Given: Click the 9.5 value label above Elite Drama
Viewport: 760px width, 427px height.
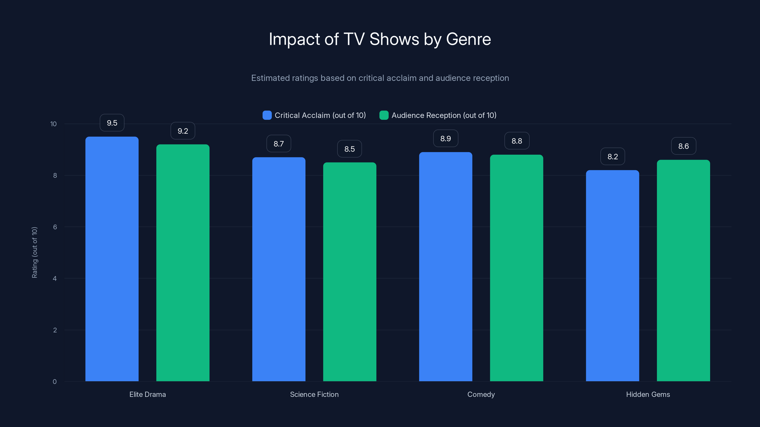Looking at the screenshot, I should click(112, 123).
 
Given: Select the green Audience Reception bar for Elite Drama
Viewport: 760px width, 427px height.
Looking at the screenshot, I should click(183, 262).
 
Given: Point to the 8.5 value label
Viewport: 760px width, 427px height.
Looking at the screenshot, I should click(349, 149).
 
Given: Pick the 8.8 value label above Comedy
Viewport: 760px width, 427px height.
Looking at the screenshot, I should click(517, 141).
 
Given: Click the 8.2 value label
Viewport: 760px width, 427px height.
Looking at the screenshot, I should click(613, 157).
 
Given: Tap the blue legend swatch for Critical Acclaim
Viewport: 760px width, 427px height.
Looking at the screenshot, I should click(267, 115).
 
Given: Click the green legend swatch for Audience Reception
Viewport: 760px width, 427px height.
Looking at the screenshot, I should click(384, 115).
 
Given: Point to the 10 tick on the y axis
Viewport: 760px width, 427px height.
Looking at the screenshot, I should click(53, 124).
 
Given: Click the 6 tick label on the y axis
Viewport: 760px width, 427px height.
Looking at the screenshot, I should click(55, 227).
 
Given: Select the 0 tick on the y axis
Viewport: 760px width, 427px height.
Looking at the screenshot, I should click(55, 382).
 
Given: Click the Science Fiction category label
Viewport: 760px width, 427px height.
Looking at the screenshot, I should click(314, 394).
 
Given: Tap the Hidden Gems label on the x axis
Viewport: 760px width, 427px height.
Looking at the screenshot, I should click(648, 394).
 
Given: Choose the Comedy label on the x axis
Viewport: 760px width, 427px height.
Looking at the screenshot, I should click(481, 394).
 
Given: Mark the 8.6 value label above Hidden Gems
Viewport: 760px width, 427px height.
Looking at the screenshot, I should click(683, 146).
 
